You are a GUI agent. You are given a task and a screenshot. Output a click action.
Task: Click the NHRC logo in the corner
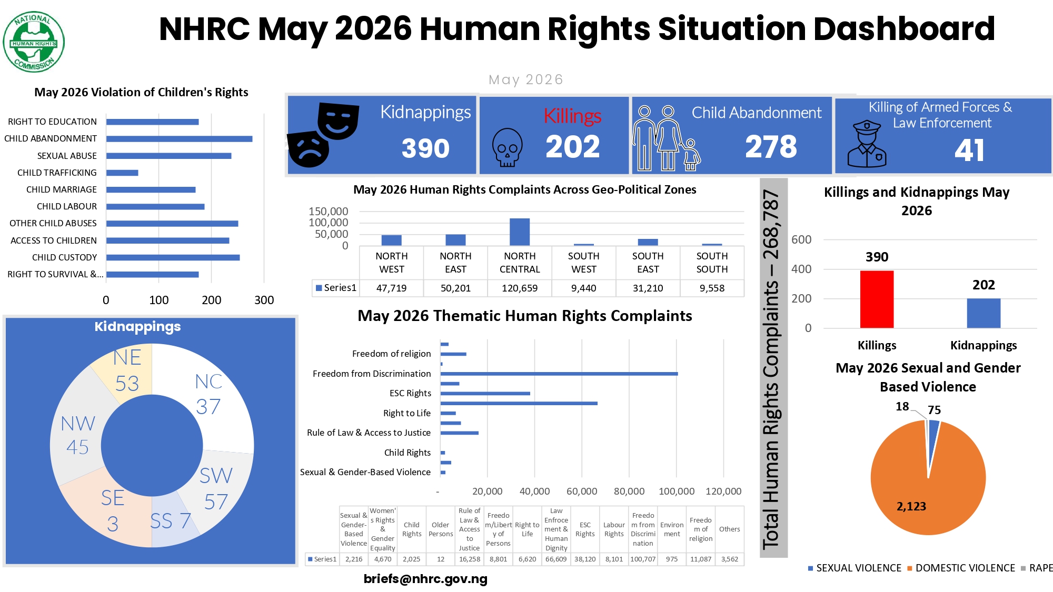pos(34,42)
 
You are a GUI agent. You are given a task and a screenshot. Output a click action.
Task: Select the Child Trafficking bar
pos(122,173)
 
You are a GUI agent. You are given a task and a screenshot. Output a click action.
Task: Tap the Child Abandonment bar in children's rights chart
pos(180,139)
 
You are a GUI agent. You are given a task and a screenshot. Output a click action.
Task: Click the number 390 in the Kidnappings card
pos(425,148)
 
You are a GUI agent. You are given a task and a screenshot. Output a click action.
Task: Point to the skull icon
pos(507,147)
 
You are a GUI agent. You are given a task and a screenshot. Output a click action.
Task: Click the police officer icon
pos(867,144)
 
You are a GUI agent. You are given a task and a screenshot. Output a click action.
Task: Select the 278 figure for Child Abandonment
pos(771,146)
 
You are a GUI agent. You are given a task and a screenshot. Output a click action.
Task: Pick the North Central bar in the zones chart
pos(520,232)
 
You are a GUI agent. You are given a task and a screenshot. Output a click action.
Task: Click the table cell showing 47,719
pos(391,288)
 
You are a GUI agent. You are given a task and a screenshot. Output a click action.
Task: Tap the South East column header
pos(648,263)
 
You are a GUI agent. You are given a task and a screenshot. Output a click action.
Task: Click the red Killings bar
pos(877,299)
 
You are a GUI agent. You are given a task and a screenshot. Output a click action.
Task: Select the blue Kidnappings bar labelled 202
pos(984,313)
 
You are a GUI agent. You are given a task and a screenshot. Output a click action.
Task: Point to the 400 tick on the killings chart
pos(801,269)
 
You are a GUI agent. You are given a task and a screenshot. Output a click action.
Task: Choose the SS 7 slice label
pos(170,521)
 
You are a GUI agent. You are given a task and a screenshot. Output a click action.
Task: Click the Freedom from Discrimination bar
pos(559,374)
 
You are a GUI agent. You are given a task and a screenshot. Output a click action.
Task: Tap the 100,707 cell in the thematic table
pos(643,559)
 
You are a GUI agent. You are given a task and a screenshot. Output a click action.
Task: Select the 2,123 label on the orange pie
pos(911,506)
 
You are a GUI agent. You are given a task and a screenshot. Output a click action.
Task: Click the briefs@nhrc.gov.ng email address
pos(425,579)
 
